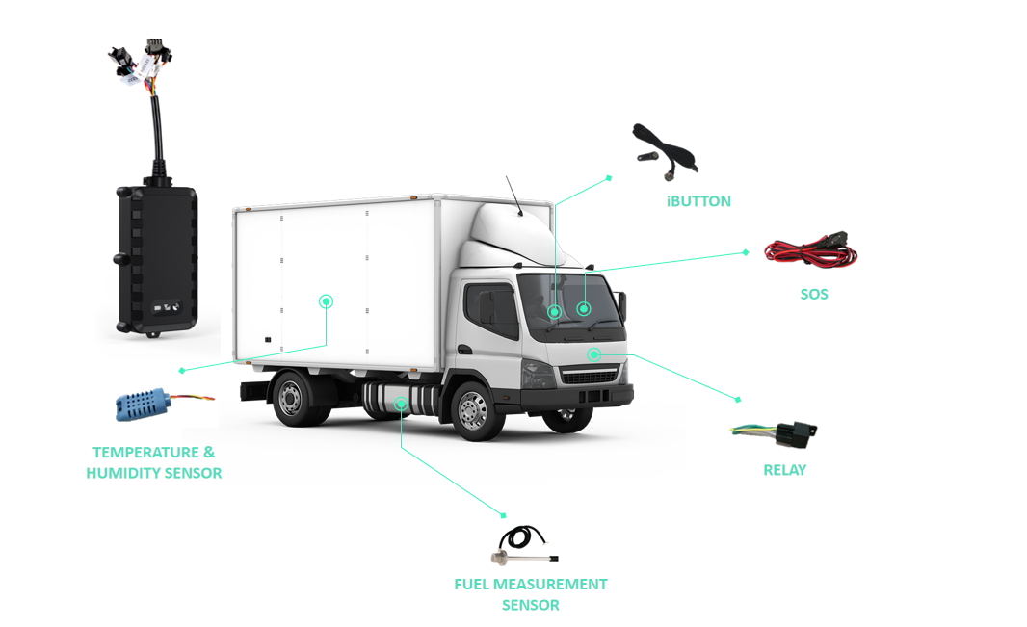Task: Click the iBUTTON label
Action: point(698,201)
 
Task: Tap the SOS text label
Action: point(813,294)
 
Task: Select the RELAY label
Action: point(784,470)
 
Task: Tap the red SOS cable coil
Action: point(809,253)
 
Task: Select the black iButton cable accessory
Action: point(665,151)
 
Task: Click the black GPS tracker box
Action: point(157,259)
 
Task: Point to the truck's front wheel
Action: point(473,411)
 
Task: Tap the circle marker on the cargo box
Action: point(327,301)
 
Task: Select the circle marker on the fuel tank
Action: point(401,404)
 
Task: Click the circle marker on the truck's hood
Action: point(594,354)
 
